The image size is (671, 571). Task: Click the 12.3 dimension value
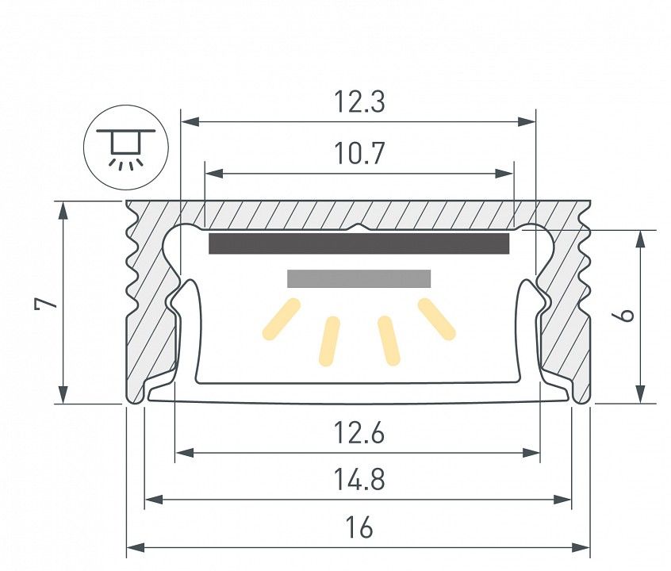coord(359,102)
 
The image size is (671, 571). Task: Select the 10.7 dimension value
coord(359,153)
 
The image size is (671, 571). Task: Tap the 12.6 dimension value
coord(359,433)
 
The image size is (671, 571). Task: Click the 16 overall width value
coord(359,527)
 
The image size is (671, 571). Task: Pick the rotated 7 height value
coord(46,303)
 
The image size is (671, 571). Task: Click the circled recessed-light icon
coord(126,148)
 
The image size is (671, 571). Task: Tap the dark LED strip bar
coord(359,243)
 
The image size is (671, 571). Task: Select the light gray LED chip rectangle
coord(359,278)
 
